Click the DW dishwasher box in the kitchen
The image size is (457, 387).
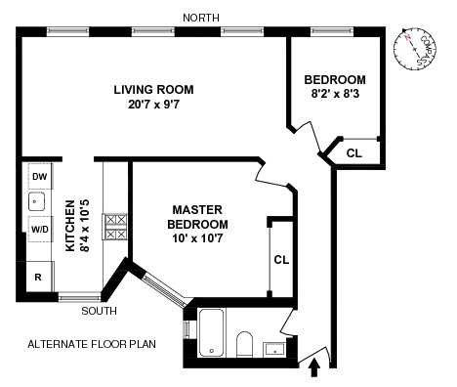coord(40,176)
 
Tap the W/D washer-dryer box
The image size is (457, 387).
coord(40,230)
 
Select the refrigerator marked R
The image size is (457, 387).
coord(40,277)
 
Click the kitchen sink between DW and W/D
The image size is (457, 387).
coord(36,202)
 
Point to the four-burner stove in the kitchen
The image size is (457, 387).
coord(114,227)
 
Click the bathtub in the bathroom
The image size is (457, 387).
coord(212,332)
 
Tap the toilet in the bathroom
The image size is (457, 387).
coord(244,344)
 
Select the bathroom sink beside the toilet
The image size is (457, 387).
coord(274,350)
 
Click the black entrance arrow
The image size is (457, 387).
coord(314,367)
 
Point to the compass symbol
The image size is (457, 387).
coord(415,49)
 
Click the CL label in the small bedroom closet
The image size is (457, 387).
coord(354,153)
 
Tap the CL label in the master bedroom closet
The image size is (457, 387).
coord(281,260)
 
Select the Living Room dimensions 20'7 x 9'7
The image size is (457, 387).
coord(153,105)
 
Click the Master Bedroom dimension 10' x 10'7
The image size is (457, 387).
coord(197,238)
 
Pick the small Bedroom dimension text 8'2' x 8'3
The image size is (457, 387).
coord(335,94)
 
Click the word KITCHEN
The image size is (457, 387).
coord(70,226)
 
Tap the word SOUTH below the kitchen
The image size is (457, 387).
coord(99,311)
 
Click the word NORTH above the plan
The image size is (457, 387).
coord(201,18)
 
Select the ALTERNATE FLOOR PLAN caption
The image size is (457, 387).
coord(92,344)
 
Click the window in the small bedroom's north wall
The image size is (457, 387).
coord(332,31)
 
